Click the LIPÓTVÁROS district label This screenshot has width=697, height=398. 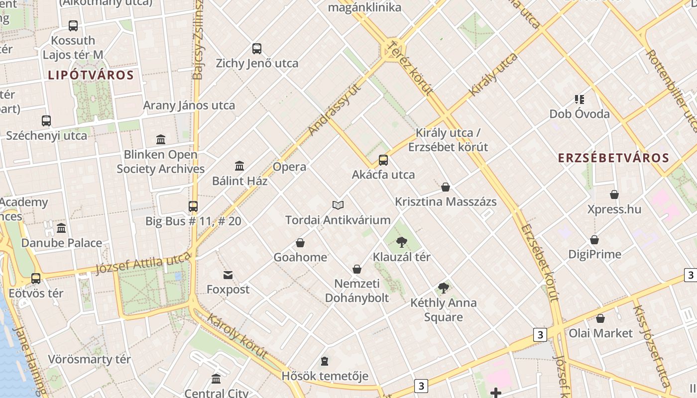[x=91, y=76]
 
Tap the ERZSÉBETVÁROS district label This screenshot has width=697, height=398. [x=613, y=158]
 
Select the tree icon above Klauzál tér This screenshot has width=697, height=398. [x=401, y=242]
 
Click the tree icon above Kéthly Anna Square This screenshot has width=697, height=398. [x=443, y=288]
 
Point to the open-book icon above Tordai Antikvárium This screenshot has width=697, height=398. [x=338, y=205]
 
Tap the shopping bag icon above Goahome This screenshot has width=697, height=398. [x=300, y=243]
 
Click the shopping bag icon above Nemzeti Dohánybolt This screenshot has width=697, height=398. [x=357, y=269]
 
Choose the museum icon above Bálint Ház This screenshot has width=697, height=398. [x=239, y=166]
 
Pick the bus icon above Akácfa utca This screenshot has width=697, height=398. [x=383, y=160]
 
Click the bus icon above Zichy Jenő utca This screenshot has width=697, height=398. [x=257, y=49]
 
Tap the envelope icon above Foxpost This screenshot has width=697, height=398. [x=228, y=275]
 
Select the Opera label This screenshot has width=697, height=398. [x=289, y=167]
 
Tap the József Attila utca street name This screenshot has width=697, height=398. [x=143, y=262]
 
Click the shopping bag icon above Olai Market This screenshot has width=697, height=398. [x=600, y=318]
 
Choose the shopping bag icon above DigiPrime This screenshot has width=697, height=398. [x=594, y=240]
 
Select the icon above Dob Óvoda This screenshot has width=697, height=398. [x=579, y=99]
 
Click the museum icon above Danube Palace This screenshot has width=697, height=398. [x=61, y=228]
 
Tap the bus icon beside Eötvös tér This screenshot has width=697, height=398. [x=36, y=279]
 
